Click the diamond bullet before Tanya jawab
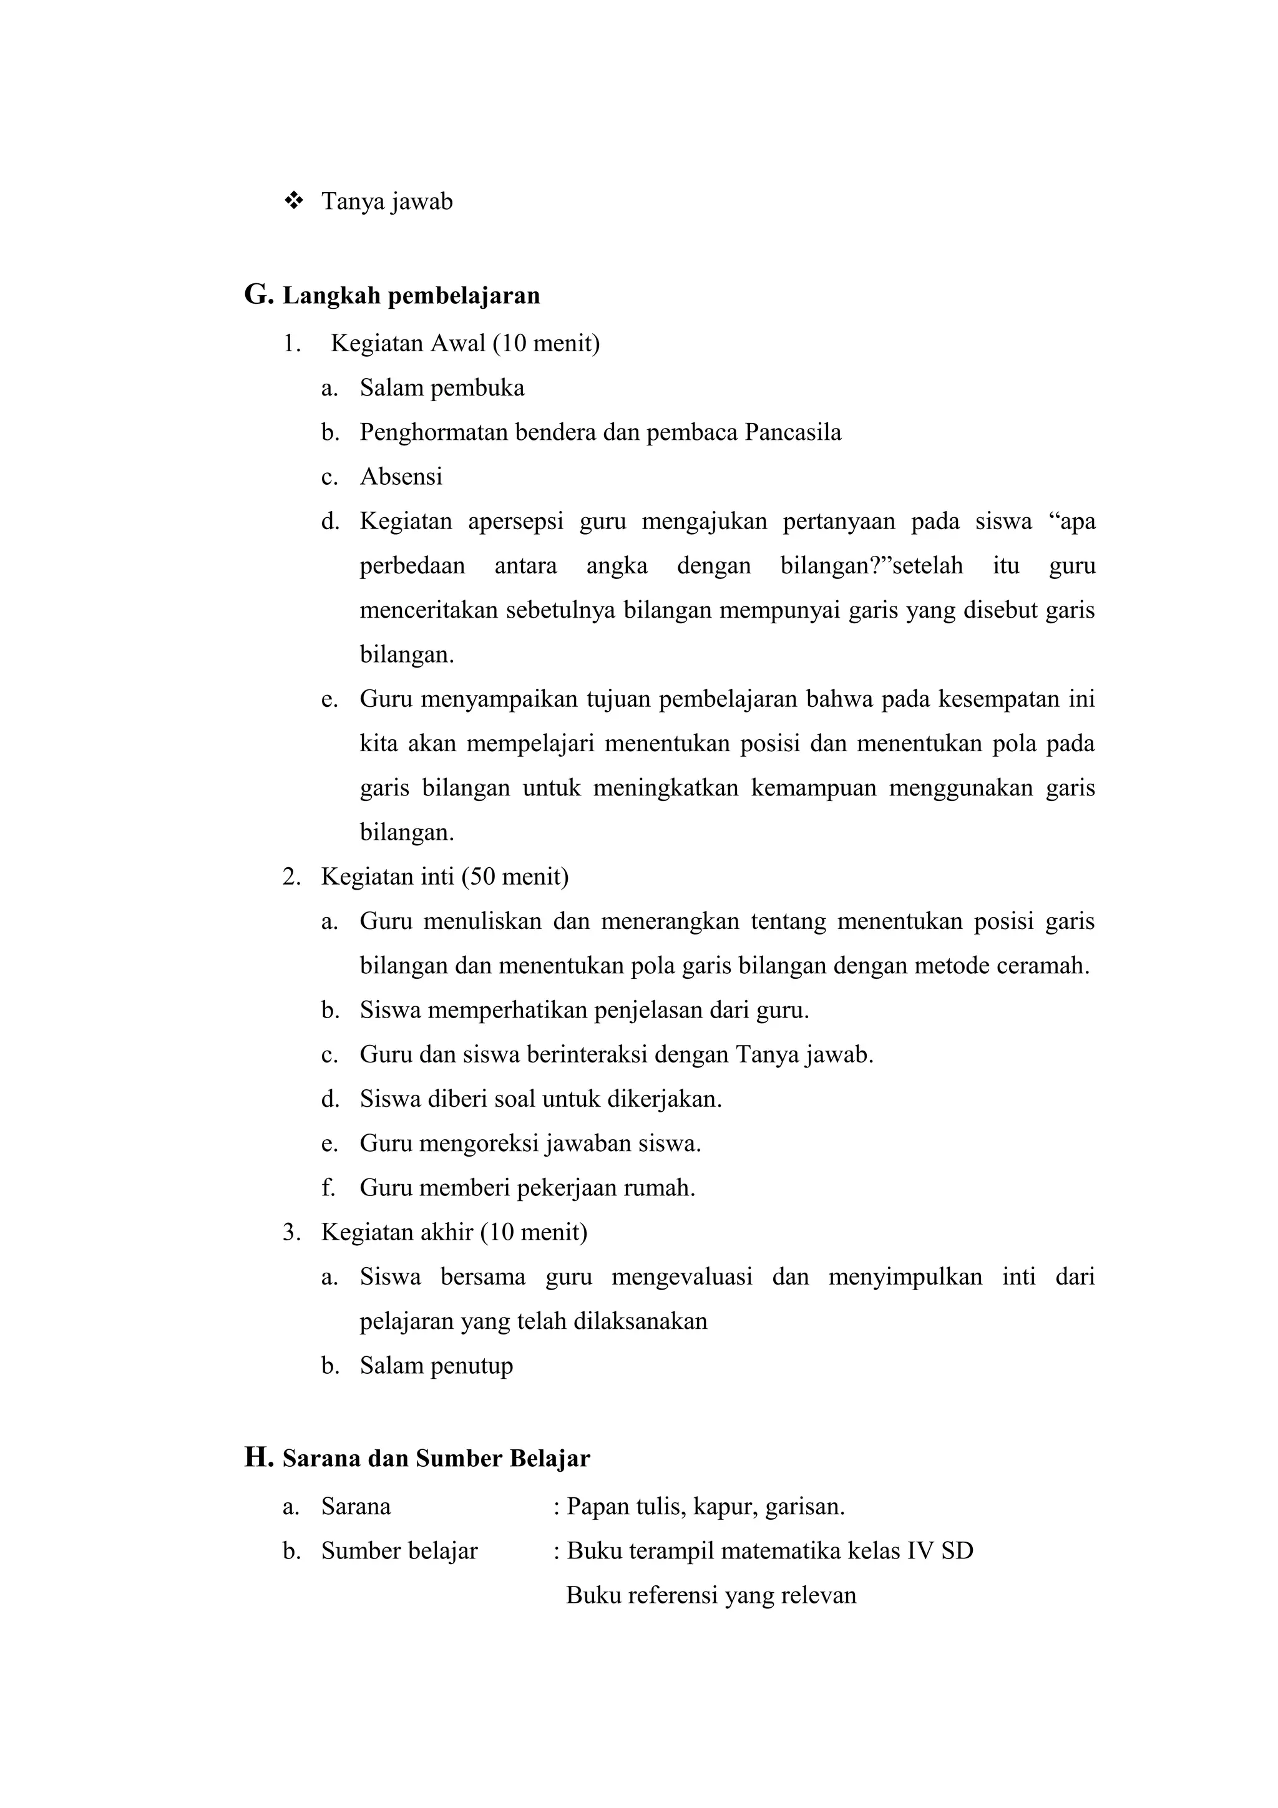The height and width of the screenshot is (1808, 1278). tap(294, 202)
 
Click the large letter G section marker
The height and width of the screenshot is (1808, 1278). tap(258, 295)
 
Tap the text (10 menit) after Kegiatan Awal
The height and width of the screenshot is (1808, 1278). tap(547, 343)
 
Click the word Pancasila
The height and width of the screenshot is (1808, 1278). tap(792, 432)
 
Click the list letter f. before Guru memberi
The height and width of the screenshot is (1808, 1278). tap(328, 1187)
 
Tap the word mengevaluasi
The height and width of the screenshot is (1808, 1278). tap(682, 1276)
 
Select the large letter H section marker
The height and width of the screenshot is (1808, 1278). tap(258, 1457)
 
